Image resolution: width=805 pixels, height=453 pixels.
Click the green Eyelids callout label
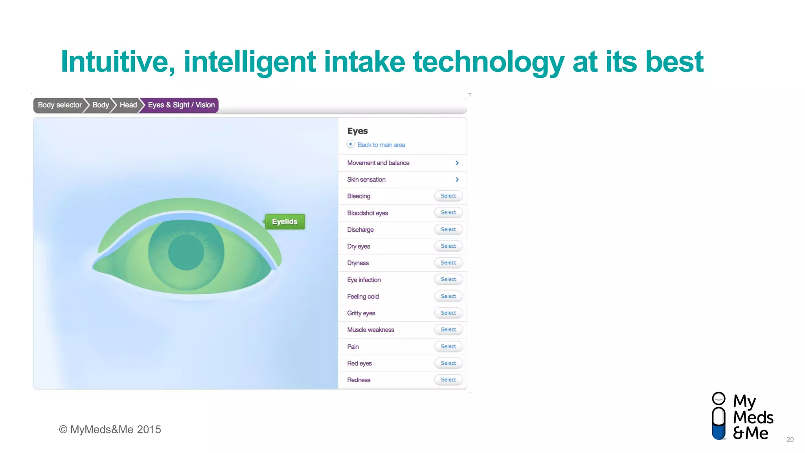pyautogui.click(x=285, y=222)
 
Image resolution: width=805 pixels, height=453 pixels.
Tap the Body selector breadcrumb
pyautogui.click(x=60, y=105)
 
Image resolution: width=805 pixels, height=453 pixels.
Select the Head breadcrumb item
pyautogui.click(x=128, y=105)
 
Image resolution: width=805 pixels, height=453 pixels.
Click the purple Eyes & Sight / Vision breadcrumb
pyautogui.click(x=181, y=105)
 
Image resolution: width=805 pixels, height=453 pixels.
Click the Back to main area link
pyautogui.click(x=380, y=145)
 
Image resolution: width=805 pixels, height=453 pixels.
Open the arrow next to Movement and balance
pyautogui.click(x=457, y=163)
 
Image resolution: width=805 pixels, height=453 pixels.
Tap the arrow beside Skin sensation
pyautogui.click(x=457, y=179)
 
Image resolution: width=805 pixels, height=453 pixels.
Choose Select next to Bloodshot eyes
pyautogui.click(x=448, y=213)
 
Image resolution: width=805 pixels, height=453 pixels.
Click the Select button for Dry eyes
pyautogui.click(x=448, y=246)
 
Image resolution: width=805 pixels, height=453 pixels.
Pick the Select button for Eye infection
pyautogui.click(x=448, y=280)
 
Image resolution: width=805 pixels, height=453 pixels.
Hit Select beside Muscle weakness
pyautogui.click(x=448, y=330)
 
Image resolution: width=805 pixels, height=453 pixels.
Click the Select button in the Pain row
pyautogui.click(x=448, y=346)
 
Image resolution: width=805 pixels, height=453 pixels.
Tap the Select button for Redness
pyautogui.click(x=448, y=380)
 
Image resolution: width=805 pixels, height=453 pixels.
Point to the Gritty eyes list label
pyautogui.click(x=361, y=313)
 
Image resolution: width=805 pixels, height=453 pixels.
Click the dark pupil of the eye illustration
pyautogui.click(x=186, y=252)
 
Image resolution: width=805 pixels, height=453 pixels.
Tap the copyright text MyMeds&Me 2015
pyautogui.click(x=110, y=429)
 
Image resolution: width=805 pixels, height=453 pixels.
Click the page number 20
pyautogui.click(x=790, y=440)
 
